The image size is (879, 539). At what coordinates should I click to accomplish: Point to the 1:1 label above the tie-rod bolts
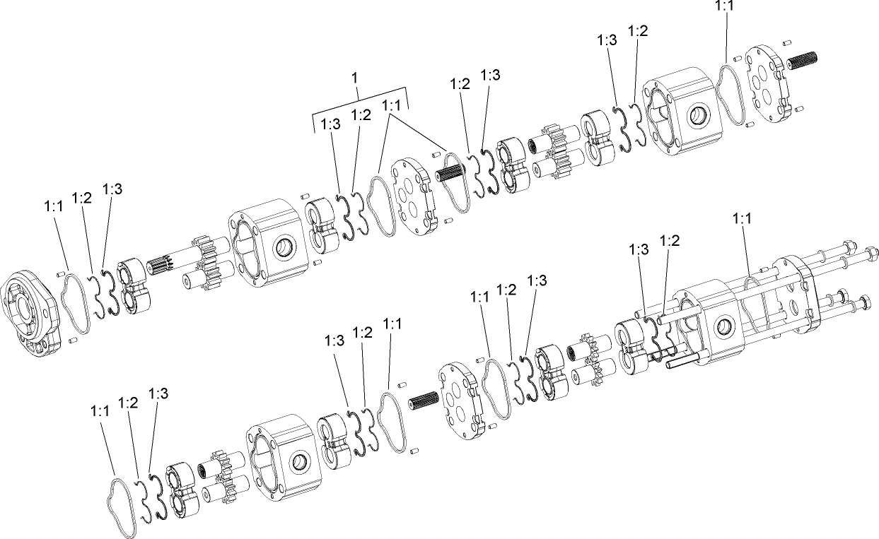pos(742,220)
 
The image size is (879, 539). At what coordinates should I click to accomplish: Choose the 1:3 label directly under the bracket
pos(330,124)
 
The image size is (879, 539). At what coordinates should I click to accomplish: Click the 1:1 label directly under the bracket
pos(391,105)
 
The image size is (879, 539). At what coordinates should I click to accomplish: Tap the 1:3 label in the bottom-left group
pos(158,394)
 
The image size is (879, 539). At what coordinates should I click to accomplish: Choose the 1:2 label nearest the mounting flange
pos(82,198)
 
